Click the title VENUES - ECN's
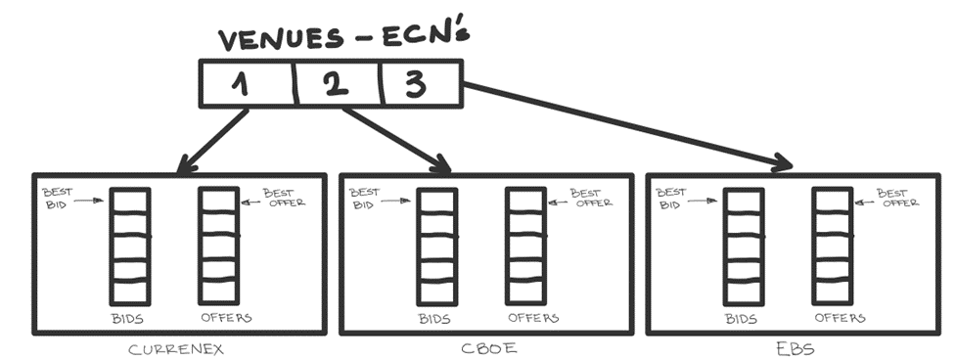[344, 38]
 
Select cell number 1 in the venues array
[248, 84]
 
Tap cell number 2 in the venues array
[339, 84]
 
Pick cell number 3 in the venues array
[421, 84]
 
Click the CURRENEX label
[176, 349]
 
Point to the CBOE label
[488, 349]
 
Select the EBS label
[795, 349]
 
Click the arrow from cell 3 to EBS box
[626, 125]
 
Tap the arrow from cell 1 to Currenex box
[212, 141]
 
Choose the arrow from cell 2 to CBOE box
[396, 140]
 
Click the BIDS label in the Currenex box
[127, 318]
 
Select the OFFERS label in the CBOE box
[533, 318]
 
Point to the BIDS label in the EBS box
[741, 318]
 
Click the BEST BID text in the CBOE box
[364, 199]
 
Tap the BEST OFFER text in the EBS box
[897, 198]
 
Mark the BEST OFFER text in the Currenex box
[284, 198]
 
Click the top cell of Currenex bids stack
[129, 201]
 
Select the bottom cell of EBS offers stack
[832, 292]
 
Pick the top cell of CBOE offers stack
[525, 201]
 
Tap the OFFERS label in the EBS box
[840, 318]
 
